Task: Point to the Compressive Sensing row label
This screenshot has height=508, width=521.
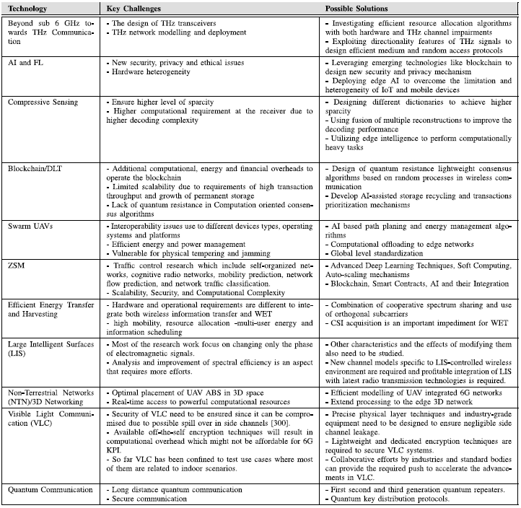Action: click(43, 102)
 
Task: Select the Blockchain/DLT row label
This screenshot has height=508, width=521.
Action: click(34, 168)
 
